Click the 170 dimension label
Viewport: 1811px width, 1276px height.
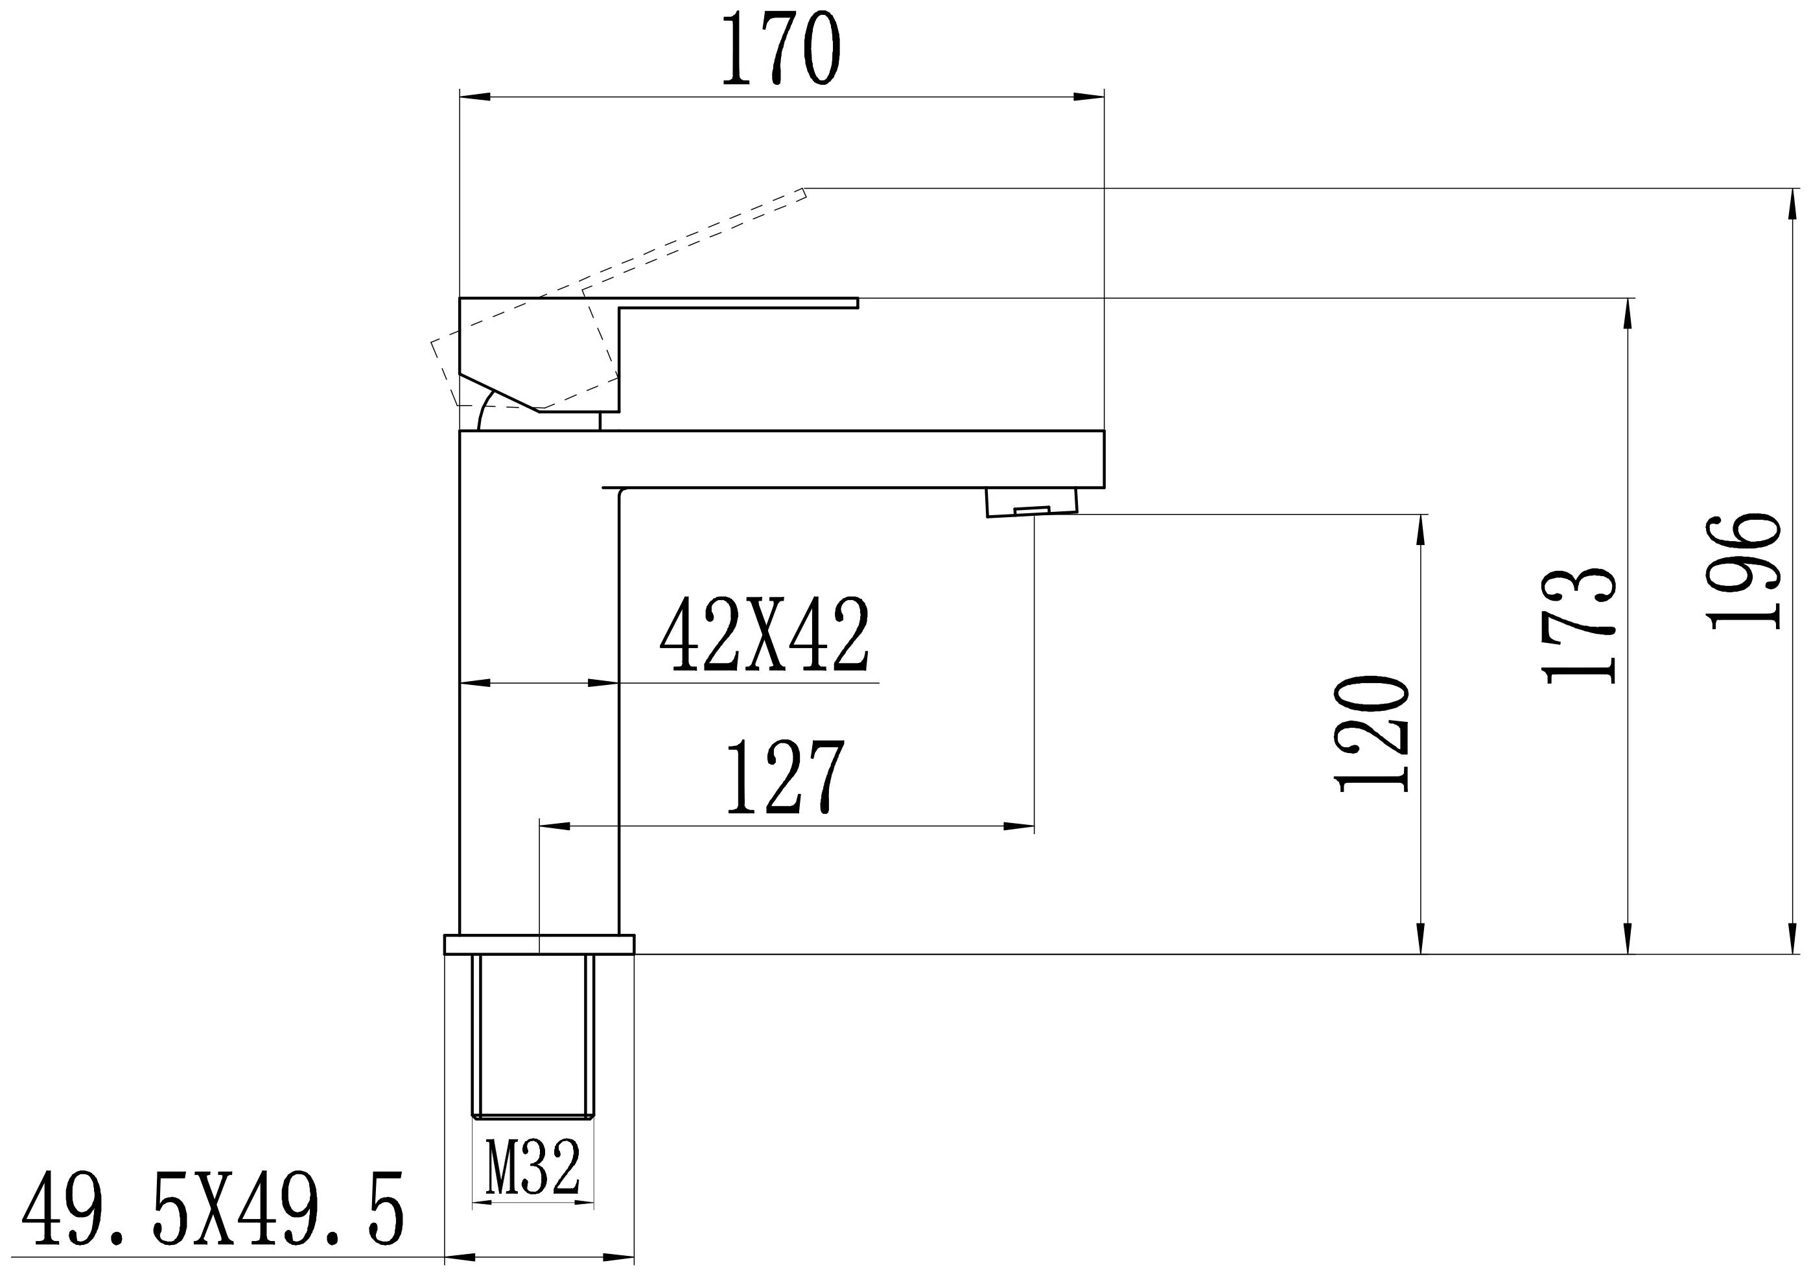781,47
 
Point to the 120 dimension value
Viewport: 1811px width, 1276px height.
1371,733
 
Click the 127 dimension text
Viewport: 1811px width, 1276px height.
786,777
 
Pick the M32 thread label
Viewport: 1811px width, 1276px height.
533,1166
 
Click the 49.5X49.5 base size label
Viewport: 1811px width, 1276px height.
213,1209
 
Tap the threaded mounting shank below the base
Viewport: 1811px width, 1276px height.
533,1036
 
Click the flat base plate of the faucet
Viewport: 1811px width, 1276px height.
539,944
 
